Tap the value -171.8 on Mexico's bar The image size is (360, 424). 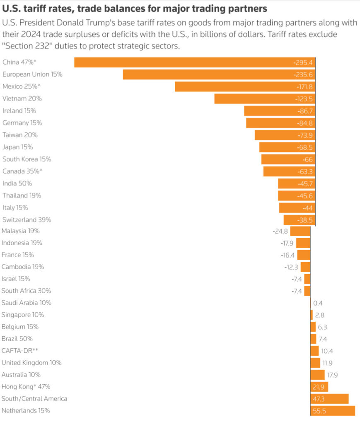click(x=304, y=87)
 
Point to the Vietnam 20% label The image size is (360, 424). click(x=22, y=99)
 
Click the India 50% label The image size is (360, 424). click(x=17, y=183)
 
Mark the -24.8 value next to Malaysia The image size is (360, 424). click(x=281, y=231)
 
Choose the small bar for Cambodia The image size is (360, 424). click(x=305, y=267)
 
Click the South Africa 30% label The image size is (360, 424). click(x=26, y=291)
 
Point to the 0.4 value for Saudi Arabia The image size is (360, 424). click(x=318, y=303)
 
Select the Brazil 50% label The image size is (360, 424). click(x=17, y=339)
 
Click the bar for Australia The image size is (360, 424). click(x=317, y=375)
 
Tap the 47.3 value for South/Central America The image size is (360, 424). click(x=319, y=399)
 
